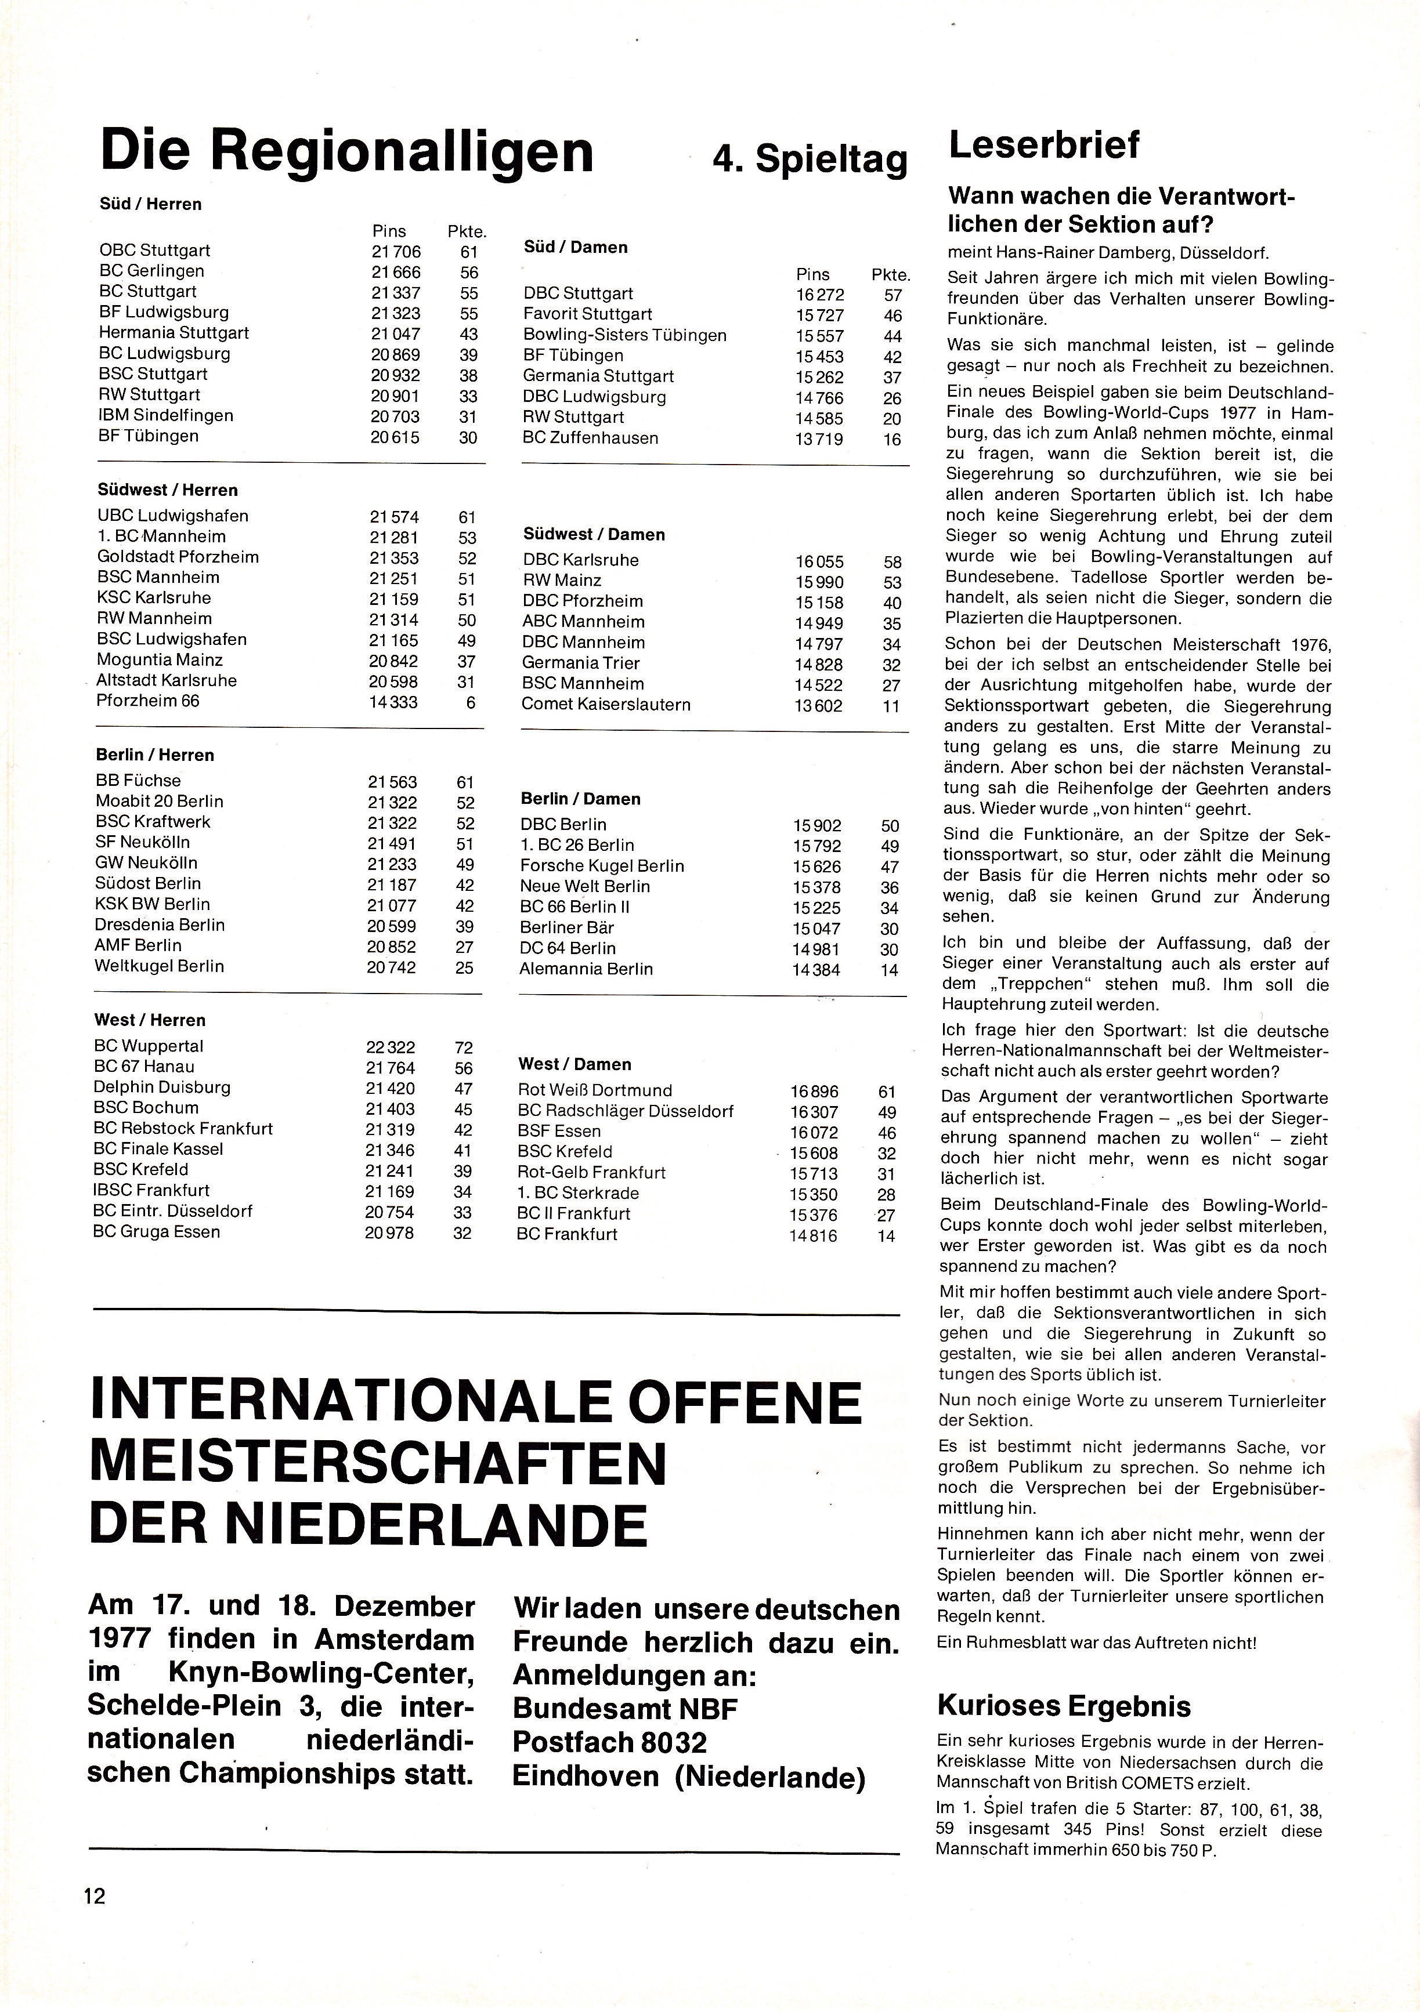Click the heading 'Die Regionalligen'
[x=347, y=151]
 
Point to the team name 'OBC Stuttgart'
[x=154, y=251]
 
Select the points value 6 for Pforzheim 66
[x=471, y=702]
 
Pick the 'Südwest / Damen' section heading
[x=594, y=535]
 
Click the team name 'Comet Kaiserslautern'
[x=606, y=705]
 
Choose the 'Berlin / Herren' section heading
[x=154, y=755]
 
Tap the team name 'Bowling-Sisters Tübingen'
[x=624, y=336]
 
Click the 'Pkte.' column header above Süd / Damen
[x=891, y=274]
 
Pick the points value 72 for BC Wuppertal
[x=464, y=1047]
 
